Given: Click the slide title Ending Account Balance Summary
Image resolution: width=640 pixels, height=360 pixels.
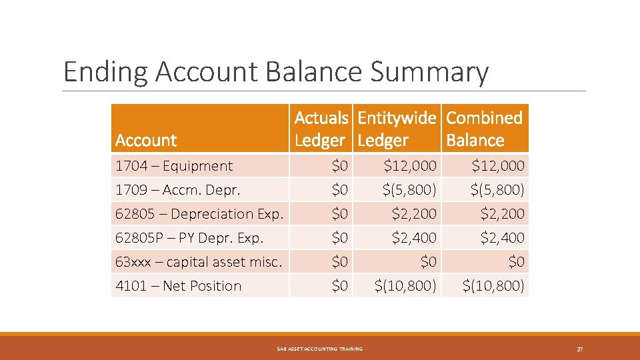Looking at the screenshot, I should point(275,72).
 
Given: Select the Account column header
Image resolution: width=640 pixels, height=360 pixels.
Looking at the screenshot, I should point(146,140).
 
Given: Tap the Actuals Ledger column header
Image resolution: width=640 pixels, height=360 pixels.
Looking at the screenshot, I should point(321,129).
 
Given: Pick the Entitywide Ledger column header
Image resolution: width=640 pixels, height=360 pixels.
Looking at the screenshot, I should point(397,129).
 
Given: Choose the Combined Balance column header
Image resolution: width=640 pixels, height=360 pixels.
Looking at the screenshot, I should point(484,129).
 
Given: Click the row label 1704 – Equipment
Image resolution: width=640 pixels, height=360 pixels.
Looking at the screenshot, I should point(174,166).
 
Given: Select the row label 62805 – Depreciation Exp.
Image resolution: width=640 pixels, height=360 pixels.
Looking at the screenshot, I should point(199,214).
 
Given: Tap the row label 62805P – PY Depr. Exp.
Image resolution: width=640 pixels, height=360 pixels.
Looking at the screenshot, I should point(189,238).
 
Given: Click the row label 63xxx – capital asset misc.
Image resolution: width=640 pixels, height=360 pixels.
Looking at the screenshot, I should point(199,262).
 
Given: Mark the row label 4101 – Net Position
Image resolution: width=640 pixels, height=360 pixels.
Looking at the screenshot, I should point(178,286).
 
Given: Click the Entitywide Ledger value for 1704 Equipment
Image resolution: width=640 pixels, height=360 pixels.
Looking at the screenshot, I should point(410,165).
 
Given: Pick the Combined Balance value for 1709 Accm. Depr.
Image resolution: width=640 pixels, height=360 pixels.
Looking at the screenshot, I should point(497,190).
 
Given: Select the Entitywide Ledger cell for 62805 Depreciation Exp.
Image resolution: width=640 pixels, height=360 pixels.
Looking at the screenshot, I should point(414,214).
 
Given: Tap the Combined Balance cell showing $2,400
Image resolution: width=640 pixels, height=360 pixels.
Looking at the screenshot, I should point(502,238).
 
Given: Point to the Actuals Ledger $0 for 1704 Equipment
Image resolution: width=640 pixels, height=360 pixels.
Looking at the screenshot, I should point(339,165).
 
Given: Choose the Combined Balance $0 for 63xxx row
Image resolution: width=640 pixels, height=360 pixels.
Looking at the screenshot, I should point(515,262).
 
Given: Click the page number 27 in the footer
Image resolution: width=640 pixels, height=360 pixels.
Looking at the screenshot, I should point(580,349).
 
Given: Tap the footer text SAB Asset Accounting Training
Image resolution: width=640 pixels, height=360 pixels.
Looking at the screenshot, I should point(320,349).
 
